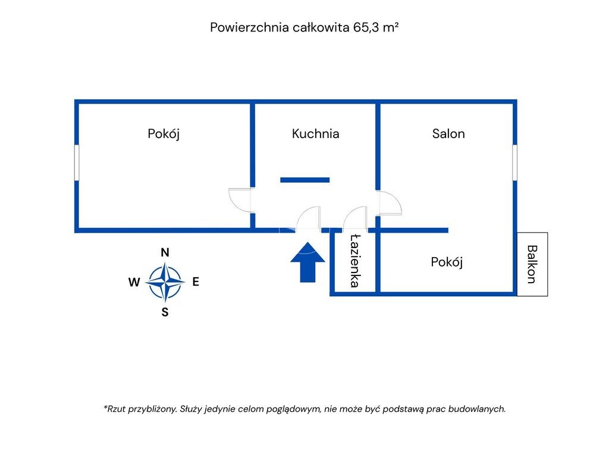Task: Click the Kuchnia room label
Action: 315,134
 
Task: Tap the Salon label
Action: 448,134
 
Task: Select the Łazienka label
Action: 354,261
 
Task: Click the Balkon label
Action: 532,264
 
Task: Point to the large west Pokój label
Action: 164,134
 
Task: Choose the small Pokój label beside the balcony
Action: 447,262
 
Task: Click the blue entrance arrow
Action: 307,261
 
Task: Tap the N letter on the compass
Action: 165,252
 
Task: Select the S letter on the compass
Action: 165,312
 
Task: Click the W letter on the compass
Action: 134,282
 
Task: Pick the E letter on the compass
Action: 196,281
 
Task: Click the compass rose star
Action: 165,282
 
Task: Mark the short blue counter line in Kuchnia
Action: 304,180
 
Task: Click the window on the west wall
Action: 77,162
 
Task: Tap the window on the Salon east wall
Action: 514,162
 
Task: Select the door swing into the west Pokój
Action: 240,199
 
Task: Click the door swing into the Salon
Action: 390,203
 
